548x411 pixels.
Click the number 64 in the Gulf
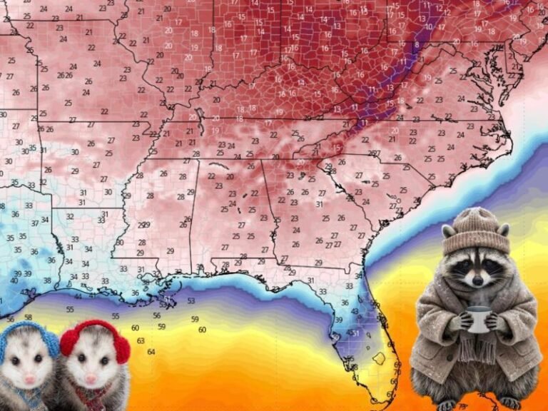coord(151,351)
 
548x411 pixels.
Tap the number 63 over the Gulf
coord(141,340)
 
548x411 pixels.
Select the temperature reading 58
coord(29,317)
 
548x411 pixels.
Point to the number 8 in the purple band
coord(416,44)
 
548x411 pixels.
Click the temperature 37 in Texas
coord(34,223)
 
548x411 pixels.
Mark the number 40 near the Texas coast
coord(14,280)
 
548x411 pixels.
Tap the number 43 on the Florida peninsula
coord(355,312)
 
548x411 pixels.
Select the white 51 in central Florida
coord(356,333)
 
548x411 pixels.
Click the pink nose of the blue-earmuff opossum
coord(29,379)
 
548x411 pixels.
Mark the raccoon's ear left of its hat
coord(448,231)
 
